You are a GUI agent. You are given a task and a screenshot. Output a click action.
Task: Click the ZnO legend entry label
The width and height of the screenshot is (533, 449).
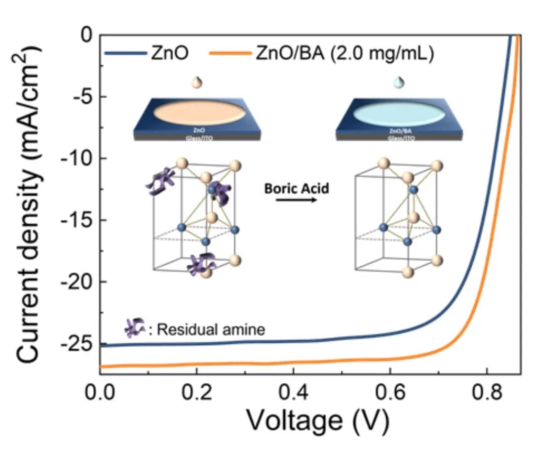169,54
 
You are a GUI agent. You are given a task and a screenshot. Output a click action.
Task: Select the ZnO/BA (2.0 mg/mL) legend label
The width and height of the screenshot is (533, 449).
344,54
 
